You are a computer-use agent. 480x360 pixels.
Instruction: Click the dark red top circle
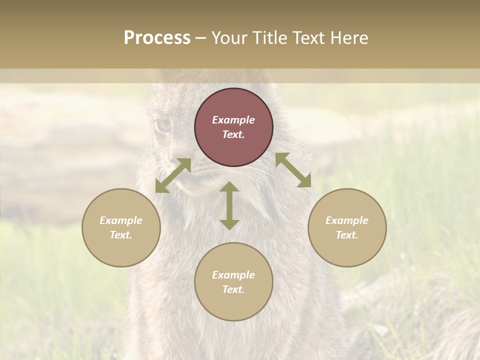pyautogui.click(x=233, y=127)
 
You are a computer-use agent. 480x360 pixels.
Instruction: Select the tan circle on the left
pyautogui.click(x=121, y=227)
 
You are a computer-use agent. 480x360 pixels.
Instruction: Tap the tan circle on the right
pyautogui.click(x=347, y=227)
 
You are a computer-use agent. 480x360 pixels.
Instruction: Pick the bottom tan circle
pyautogui.click(x=233, y=282)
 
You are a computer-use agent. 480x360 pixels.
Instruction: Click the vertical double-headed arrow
pyautogui.click(x=229, y=205)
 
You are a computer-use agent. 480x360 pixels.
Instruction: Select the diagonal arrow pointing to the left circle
pyautogui.click(x=173, y=175)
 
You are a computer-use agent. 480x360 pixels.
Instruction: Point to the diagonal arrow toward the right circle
pyautogui.click(x=293, y=170)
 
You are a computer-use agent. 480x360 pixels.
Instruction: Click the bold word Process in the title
pyautogui.click(x=157, y=38)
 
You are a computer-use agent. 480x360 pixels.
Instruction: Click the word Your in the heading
pyautogui.click(x=229, y=38)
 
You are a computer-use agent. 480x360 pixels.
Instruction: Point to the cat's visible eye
pyautogui.click(x=162, y=125)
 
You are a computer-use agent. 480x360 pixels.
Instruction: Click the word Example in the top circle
pyautogui.click(x=233, y=120)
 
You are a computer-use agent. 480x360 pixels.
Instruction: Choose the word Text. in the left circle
pyautogui.click(x=121, y=235)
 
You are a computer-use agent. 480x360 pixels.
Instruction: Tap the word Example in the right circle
pyautogui.click(x=347, y=220)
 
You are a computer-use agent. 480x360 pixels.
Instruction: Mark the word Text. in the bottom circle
pyautogui.click(x=233, y=289)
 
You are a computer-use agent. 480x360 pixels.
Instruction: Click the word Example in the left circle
pyautogui.click(x=121, y=220)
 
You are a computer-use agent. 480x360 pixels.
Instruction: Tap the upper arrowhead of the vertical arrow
pyautogui.click(x=229, y=186)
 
